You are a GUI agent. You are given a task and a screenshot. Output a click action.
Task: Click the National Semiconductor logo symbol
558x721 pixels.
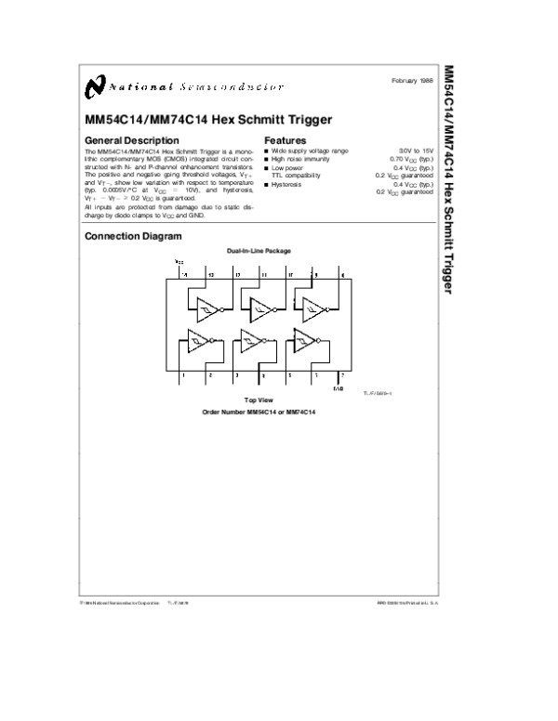click(x=93, y=86)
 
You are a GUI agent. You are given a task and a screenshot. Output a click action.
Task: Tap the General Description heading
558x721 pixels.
click(x=126, y=140)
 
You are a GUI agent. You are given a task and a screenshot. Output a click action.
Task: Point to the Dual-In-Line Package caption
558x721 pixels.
click(x=259, y=251)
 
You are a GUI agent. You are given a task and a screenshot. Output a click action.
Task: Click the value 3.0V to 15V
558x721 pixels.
click(x=417, y=151)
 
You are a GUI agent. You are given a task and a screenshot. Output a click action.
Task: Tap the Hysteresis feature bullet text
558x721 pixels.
click(x=290, y=184)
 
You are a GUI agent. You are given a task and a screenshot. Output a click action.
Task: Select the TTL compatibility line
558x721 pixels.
click(x=296, y=175)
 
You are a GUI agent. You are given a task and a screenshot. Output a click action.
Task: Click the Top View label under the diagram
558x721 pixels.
click(x=259, y=399)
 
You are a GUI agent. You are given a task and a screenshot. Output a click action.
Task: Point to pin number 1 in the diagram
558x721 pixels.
click(x=183, y=374)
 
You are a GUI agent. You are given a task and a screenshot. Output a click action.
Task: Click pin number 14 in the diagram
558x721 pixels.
click(x=183, y=276)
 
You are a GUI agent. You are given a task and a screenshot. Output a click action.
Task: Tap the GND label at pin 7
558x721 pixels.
click(x=339, y=388)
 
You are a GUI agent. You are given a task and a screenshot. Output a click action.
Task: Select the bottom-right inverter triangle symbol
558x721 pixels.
click(x=304, y=341)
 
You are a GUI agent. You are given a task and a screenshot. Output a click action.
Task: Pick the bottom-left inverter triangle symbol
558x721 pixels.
click(x=198, y=341)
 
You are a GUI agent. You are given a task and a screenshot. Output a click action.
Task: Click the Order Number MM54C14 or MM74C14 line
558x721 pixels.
click(x=259, y=410)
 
